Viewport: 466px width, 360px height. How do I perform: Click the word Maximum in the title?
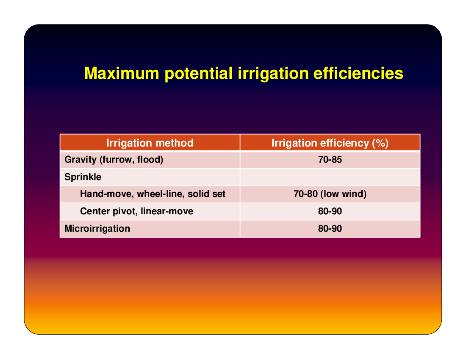point(122,73)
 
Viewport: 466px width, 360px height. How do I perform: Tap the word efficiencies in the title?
point(358,73)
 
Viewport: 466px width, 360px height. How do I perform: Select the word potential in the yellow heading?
point(199,74)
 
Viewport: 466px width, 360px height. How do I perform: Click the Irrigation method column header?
point(150,143)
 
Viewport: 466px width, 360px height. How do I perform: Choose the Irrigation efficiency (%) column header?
point(330,143)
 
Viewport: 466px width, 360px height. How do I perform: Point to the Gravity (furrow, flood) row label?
point(114,160)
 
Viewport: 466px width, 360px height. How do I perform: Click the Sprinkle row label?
point(83,177)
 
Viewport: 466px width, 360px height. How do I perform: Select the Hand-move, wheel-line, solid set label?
point(153,194)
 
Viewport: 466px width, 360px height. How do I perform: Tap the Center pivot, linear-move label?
point(137,211)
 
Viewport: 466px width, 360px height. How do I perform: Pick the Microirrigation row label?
point(97,228)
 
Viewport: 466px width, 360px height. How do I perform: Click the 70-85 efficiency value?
point(330,160)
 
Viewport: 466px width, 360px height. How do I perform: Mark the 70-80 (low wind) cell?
point(330,194)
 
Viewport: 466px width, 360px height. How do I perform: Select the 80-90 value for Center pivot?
point(330,211)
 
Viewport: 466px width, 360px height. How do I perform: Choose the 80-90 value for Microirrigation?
point(330,228)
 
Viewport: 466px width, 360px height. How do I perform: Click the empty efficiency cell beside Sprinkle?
point(330,177)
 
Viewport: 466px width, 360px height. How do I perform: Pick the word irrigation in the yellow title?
point(273,74)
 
